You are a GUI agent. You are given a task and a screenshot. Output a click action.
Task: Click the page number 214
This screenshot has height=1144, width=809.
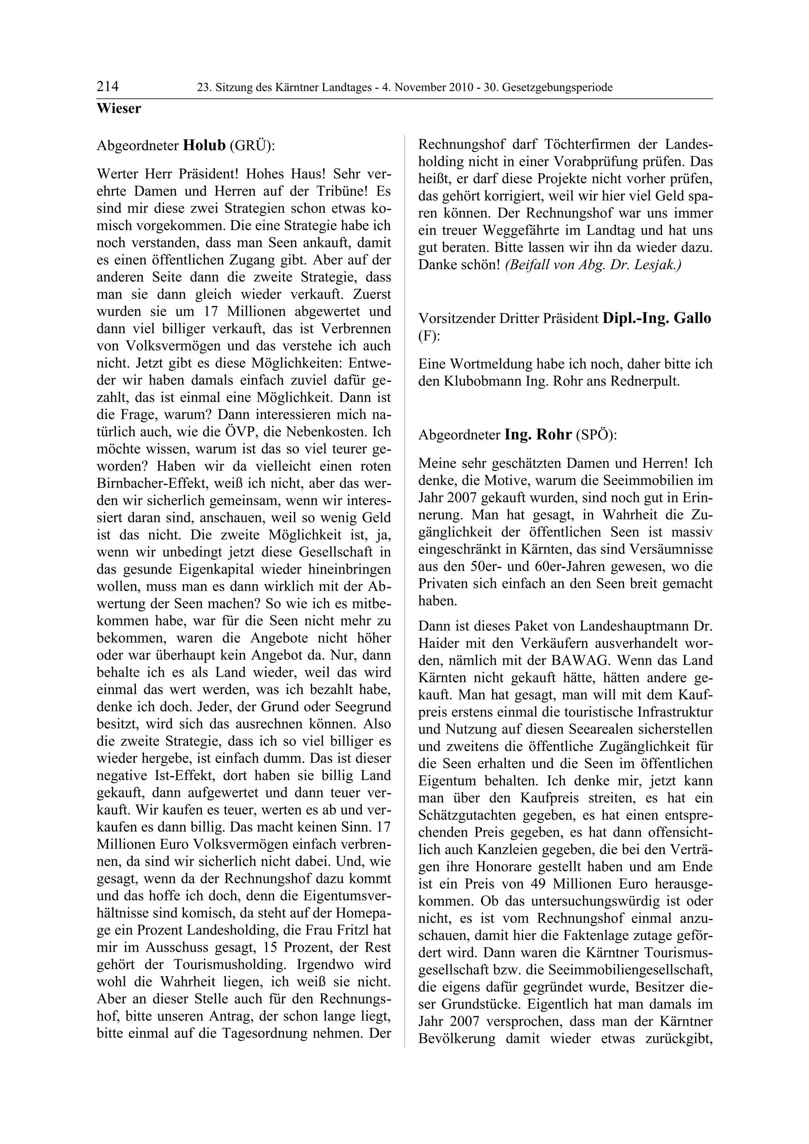pyautogui.click(x=108, y=87)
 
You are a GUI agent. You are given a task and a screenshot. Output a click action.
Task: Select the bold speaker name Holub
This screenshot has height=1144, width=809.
pyautogui.click(x=204, y=146)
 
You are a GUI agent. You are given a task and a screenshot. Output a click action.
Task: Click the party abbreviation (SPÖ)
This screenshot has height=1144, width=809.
pyautogui.click(x=596, y=435)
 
